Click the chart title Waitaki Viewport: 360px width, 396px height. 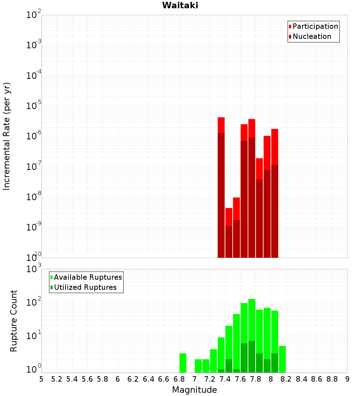(x=180, y=5)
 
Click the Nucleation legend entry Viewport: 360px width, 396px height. (x=311, y=36)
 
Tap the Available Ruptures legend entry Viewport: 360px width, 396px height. (x=87, y=277)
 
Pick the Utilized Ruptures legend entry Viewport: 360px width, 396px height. (x=85, y=287)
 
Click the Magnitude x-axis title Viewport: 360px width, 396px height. (x=194, y=390)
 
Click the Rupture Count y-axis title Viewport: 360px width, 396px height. (x=14, y=320)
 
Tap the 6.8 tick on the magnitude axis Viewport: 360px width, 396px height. (x=179, y=379)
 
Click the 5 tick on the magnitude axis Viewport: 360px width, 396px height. (x=41, y=379)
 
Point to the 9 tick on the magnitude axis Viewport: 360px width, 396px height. (x=347, y=379)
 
